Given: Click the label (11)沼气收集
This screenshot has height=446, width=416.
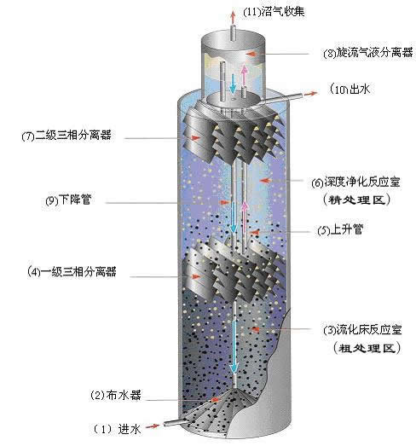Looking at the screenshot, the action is [274, 12].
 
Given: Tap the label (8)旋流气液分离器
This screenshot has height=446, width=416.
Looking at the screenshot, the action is [368, 53].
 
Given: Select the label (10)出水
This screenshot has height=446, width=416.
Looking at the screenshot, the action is [350, 90].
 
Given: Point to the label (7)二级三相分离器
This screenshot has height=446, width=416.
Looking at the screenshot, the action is [66, 136].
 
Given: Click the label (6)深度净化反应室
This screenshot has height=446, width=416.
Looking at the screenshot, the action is [356, 182].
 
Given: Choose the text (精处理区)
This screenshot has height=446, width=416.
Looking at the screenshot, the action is [357, 200].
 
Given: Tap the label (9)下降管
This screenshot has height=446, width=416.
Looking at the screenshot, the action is [68, 200].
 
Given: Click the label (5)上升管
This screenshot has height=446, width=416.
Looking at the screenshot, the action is [340, 230].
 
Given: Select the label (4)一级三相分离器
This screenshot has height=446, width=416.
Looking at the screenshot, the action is [72, 271].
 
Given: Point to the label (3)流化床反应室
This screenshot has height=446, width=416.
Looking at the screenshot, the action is [362, 330].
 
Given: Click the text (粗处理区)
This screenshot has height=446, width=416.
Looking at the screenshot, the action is [367, 348].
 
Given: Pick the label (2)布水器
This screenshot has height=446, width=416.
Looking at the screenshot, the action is [115, 395].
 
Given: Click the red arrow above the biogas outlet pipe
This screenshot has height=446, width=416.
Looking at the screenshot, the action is [233, 17].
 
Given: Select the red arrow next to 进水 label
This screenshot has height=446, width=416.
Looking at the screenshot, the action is [152, 426].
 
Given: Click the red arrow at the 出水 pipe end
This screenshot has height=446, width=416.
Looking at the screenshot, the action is [310, 94].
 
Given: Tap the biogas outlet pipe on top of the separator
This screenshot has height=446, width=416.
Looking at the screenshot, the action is [234, 33].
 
